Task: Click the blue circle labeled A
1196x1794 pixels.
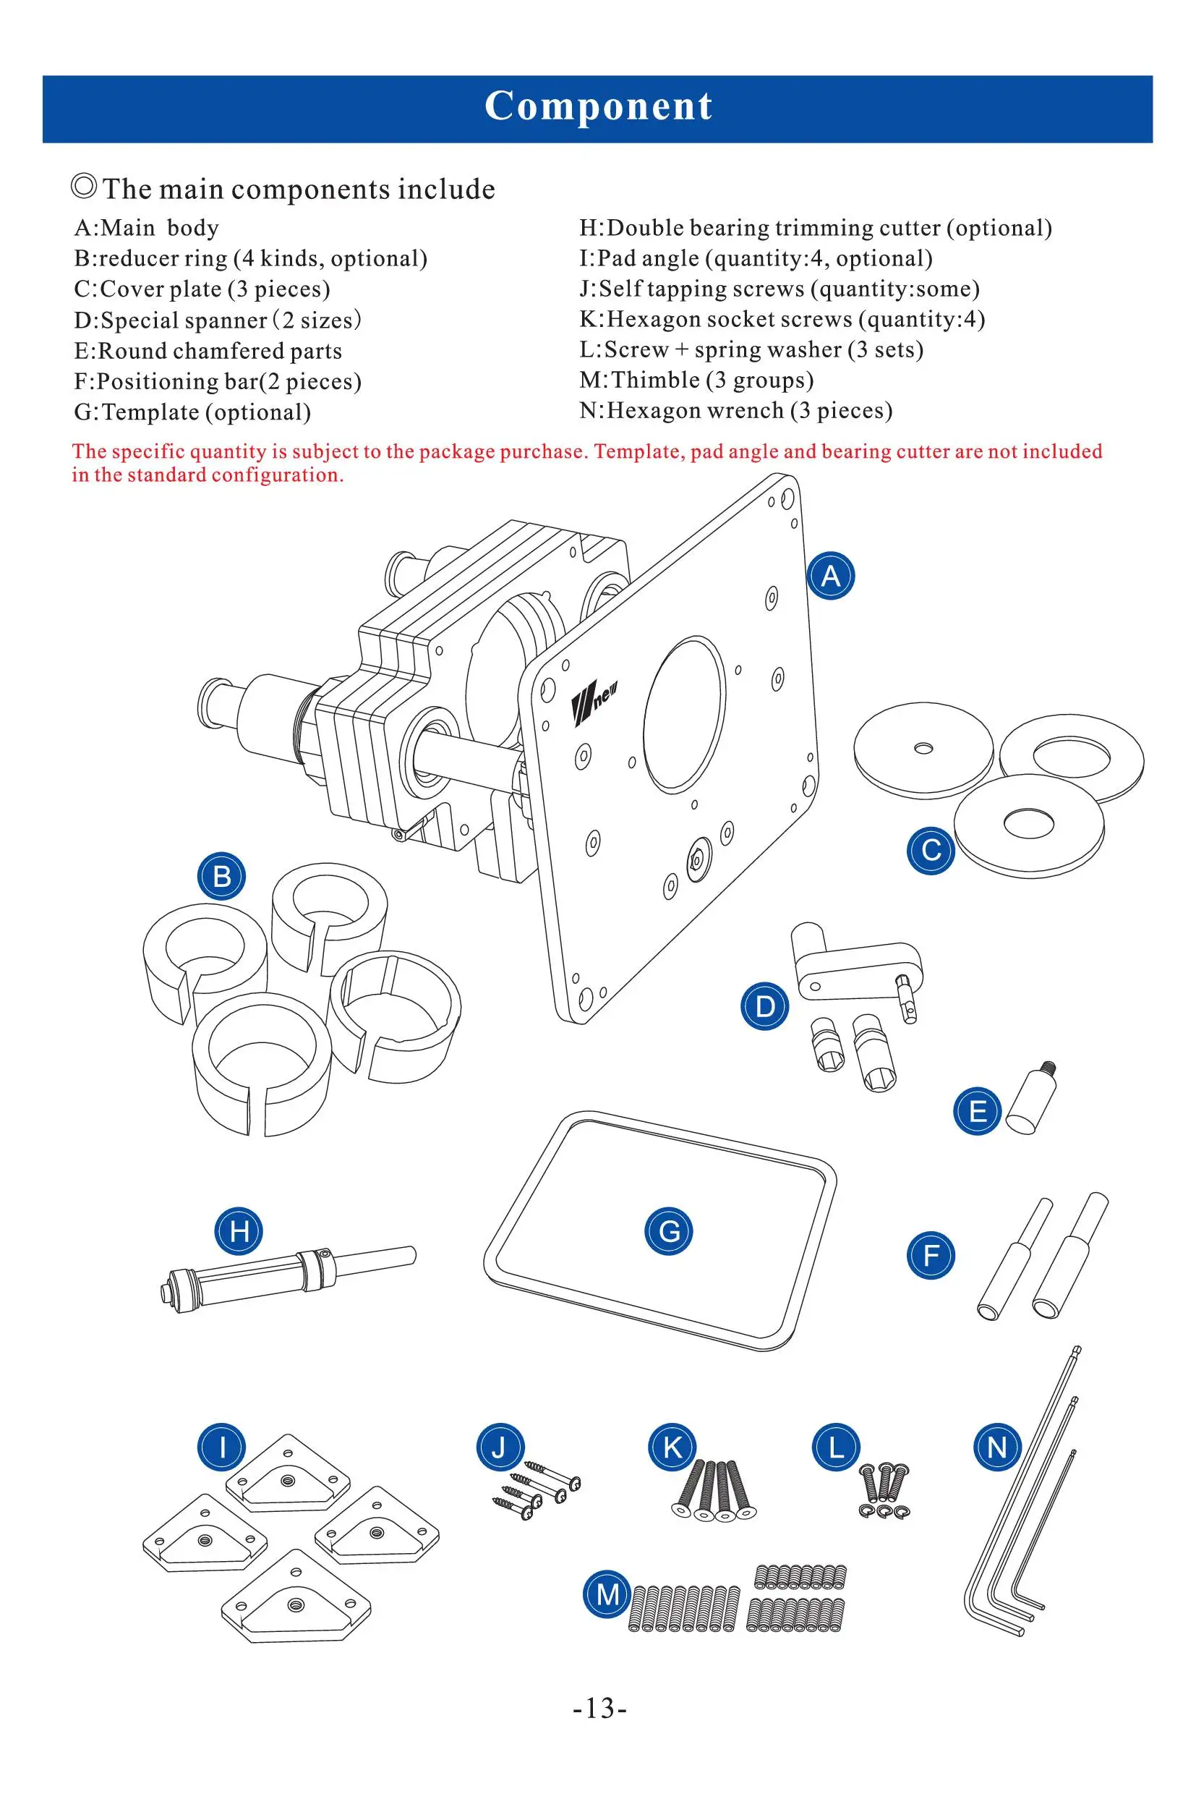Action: click(x=831, y=576)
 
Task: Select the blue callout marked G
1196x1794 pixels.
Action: click(x=669, y=1231)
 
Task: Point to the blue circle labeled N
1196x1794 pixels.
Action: click(x=998, y=1447)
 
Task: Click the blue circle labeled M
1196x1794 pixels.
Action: click(x=607, y=1594)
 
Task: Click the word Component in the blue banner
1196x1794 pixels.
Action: click(x=599, y=106)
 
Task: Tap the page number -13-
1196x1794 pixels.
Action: click(x=599, y=1707)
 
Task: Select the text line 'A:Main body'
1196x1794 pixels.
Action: click(x=147, y=228)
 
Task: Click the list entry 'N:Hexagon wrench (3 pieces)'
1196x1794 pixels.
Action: click(x=735, y=411)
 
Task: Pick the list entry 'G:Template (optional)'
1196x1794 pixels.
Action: click(x=192, y=412)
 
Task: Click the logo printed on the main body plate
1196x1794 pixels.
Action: click(x=594, y=702)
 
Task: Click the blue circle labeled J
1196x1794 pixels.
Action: click(x=500, y=1447)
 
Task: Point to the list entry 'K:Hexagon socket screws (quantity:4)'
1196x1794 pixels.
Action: click(x=782, y=319)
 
